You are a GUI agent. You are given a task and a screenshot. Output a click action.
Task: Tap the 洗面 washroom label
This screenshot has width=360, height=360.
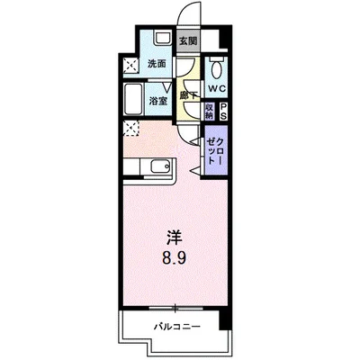[157, 64]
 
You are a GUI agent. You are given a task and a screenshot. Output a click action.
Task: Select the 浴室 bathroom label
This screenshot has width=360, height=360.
[158, 102]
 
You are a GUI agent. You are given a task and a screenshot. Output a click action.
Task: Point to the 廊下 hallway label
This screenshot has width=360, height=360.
[188, 93]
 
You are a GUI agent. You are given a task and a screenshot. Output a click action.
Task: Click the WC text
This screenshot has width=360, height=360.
[216, 90]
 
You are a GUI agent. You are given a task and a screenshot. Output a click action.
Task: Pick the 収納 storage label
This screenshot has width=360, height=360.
[210, 111]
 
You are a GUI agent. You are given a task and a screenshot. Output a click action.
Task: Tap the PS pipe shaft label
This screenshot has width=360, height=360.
[223, 111]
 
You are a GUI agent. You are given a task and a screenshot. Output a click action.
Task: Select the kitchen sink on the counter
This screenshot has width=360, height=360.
[161, 166]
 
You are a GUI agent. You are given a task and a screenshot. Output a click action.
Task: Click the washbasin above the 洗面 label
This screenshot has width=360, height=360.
[159, 39]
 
